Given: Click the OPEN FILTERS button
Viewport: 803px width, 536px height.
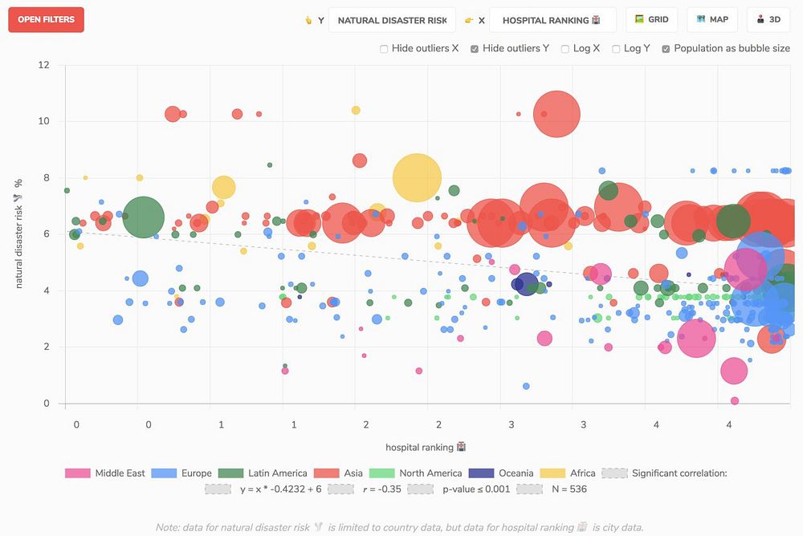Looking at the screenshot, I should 46,20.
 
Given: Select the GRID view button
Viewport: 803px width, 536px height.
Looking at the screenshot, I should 651,20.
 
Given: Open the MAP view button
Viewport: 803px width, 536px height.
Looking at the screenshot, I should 712,20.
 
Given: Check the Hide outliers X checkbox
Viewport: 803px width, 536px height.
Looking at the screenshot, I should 384,49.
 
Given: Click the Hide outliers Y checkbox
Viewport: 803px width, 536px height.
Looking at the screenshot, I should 475,49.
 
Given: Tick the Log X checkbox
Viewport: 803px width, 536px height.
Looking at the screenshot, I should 565,49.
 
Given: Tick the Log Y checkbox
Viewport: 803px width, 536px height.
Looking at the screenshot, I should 616,49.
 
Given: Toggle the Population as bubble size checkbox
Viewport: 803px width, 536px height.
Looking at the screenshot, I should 666,49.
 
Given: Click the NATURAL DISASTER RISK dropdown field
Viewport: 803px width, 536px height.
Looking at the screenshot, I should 392,20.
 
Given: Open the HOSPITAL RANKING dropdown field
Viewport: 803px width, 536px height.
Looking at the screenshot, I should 552,20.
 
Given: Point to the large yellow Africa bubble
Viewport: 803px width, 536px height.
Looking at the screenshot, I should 417,178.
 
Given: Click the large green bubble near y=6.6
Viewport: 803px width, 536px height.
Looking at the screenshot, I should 143,217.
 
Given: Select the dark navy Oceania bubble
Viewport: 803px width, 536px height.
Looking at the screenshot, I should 526,284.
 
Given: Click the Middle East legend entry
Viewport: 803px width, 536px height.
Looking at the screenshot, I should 105,473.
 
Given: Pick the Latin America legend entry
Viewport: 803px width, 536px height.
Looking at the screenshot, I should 265,473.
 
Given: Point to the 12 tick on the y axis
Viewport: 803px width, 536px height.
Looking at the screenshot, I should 44,65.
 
